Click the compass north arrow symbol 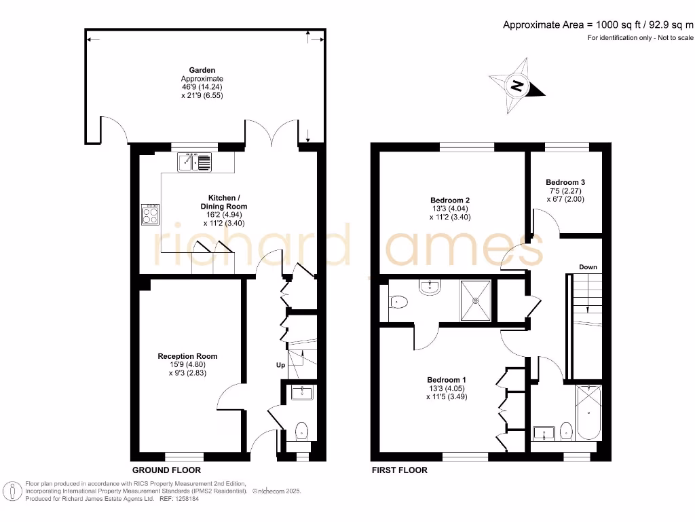pos(518,86)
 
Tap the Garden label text pos(202,70)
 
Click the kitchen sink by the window pos(195,162)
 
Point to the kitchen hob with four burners pos(151,214)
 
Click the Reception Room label pos(187,356)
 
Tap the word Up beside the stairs pos(280,366)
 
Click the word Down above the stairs pos(588,267)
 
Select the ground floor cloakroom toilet pos(302,430)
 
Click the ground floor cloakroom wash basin pos(301,392)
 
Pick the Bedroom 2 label pos(449,200)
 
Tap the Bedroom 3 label pos(565,182)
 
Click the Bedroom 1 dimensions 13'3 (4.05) pos(447,388)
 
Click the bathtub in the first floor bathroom pos(588,412)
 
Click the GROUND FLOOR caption pos(166,470)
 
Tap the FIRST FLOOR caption pos(400,470)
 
